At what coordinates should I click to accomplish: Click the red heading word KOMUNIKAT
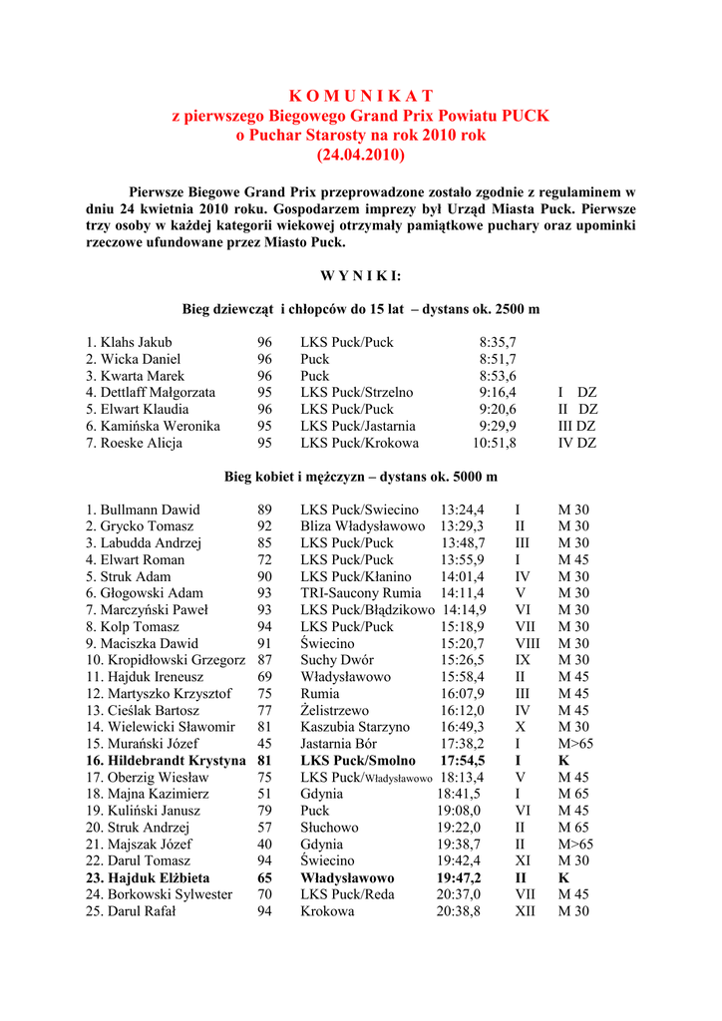361,96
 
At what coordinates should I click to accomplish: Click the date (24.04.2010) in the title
361,156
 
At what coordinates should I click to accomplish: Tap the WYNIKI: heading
360,275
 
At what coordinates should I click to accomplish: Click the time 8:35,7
498,342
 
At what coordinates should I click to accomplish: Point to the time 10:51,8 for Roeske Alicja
495,443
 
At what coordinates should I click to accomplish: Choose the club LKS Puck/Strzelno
356,393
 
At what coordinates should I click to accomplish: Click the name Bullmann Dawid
143,510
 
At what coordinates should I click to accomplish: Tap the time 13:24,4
462,510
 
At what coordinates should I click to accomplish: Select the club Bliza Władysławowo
362,526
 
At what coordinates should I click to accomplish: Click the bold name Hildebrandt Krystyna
166,761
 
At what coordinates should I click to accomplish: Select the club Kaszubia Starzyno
355,727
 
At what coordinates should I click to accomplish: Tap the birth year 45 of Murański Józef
264,744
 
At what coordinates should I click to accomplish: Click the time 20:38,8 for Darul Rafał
459,911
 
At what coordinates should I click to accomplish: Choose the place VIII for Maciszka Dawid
528,643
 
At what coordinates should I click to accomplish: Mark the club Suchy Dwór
337,660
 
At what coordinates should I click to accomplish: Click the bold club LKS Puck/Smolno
358,761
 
